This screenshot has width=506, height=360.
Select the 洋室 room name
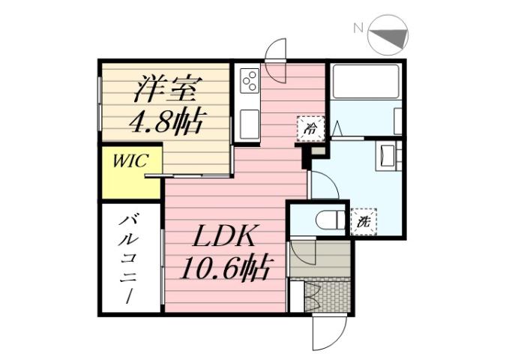click(165, 89)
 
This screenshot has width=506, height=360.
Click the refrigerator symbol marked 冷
click(310, 127)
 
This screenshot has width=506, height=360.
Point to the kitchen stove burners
click(249, 79)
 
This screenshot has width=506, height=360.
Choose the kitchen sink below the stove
click(249, 120)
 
